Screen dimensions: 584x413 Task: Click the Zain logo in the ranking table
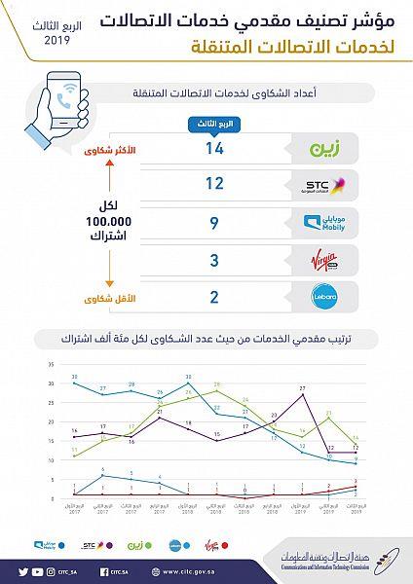pyautogui.click(x=322, y=150)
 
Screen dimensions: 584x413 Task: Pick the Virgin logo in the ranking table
pyautogui.click(x=322, y=261)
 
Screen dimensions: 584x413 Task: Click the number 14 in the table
pyautogui.click(x=216, y=151)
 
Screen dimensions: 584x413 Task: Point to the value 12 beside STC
pyautogui.click(x=216, y=184)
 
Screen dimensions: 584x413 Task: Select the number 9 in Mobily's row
pyautogui.click(x=216, y=223)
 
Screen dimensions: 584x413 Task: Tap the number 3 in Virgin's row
pyautogui.click(x=216, y=261)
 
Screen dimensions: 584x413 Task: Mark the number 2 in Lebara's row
pyautogui.click(x=216, y=298)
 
